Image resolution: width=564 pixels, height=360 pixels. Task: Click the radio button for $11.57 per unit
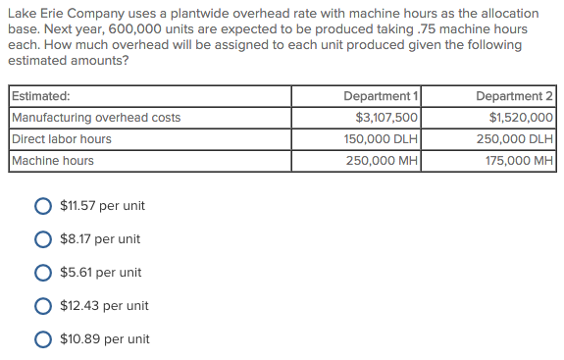[x=44, y=206]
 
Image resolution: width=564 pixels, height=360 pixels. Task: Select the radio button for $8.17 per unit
[x=44, y=239]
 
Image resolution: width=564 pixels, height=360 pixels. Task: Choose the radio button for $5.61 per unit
[x=44, y=273]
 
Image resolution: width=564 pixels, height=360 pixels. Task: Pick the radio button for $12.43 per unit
[x=44, y=306]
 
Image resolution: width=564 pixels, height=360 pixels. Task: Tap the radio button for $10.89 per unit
[x=44, y=339]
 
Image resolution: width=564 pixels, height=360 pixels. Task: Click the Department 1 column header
[x=381, y=96]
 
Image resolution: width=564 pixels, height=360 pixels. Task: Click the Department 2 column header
[x=514, y=96]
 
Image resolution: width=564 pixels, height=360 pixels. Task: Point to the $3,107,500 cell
[x=386, y=118]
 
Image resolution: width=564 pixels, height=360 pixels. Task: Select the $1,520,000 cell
[x=521, y=118]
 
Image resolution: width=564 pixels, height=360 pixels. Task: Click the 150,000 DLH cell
[x=382, y=139]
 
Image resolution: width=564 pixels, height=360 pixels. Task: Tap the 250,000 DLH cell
[x=515, y=139]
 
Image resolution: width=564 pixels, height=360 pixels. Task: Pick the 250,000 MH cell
[x=383, y=161]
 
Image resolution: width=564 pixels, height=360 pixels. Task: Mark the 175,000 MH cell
[x=519, y=161]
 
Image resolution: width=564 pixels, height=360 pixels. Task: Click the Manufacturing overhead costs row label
[x=96, y=118]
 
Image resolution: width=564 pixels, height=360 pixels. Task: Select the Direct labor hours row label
[x=61, y=139]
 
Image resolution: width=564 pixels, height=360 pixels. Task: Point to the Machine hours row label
[x=53, y=161]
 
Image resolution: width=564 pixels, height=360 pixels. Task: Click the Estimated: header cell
[x=40, y=96]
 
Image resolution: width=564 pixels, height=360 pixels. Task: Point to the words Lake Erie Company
[x=63, y=14]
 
